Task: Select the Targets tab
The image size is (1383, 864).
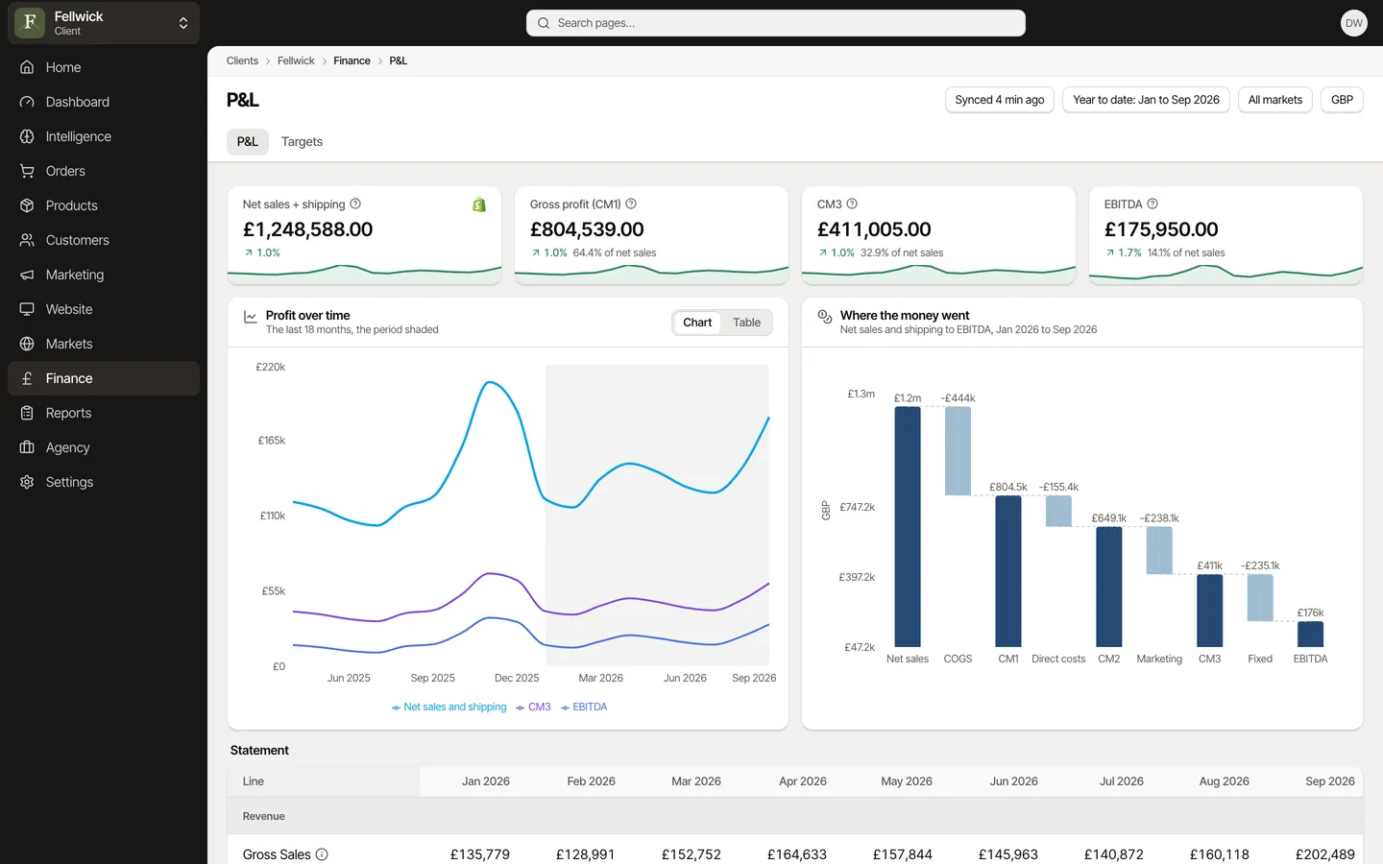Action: coord(302,141)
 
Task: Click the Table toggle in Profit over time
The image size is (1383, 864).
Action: coord(746,323)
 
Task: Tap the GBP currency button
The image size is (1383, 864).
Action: coord(1342,100)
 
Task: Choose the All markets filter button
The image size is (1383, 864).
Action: coord(1275,100)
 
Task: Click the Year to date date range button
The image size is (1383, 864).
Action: coord(1146,100)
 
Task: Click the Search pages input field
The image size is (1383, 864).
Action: coord(775,23)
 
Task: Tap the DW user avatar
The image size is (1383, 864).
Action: coord(1353,23)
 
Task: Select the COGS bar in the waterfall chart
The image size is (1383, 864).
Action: coord(958,450)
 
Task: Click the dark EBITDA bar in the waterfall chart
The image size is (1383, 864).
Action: coord(1310,634)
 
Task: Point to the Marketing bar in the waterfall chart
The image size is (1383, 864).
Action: coord(1159,550)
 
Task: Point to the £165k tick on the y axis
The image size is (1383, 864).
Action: coord(272,440)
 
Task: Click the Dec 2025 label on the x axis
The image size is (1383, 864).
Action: coord(517,678)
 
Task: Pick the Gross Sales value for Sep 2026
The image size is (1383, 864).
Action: coord(1325,854)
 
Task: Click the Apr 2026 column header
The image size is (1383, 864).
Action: coord(803,780)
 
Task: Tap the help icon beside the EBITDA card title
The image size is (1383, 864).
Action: coord(1152,204)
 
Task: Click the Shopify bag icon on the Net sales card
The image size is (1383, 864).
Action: coord(479,204)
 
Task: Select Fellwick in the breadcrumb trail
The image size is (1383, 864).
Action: coord(296,60)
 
